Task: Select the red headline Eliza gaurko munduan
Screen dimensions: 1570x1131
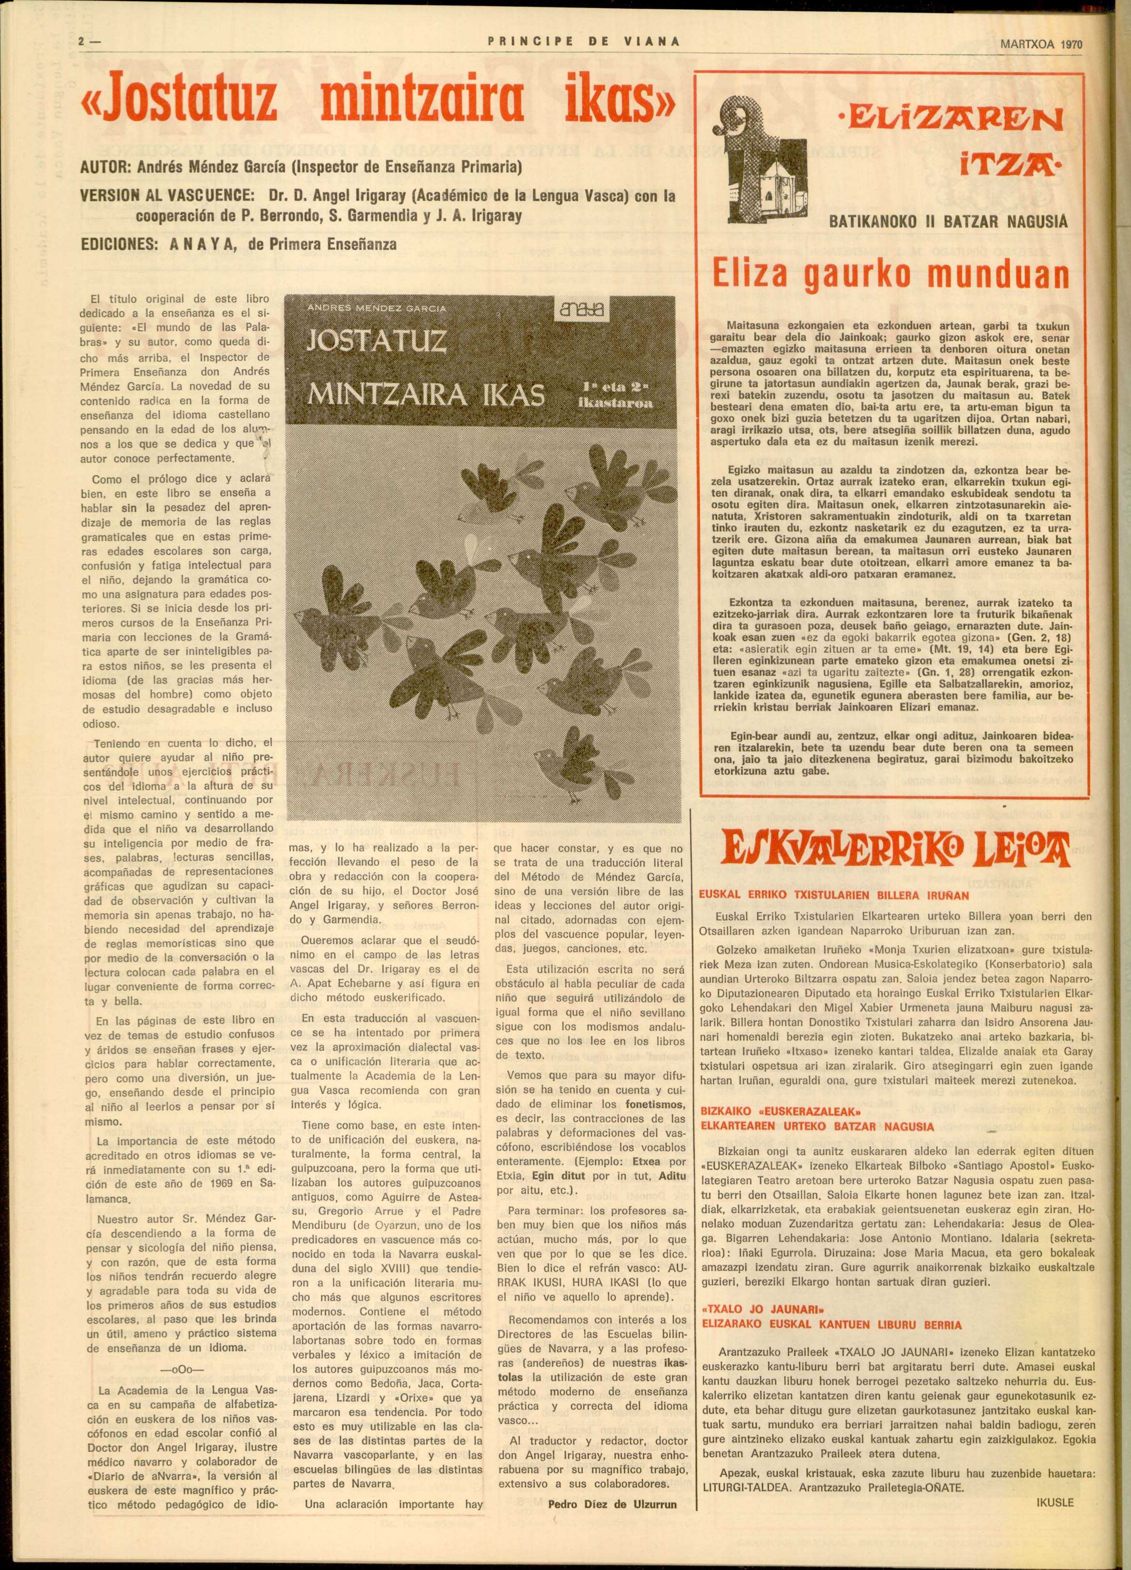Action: click(x=891, y=274)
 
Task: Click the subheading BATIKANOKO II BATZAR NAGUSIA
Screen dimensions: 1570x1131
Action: click(x=948, y=222)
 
